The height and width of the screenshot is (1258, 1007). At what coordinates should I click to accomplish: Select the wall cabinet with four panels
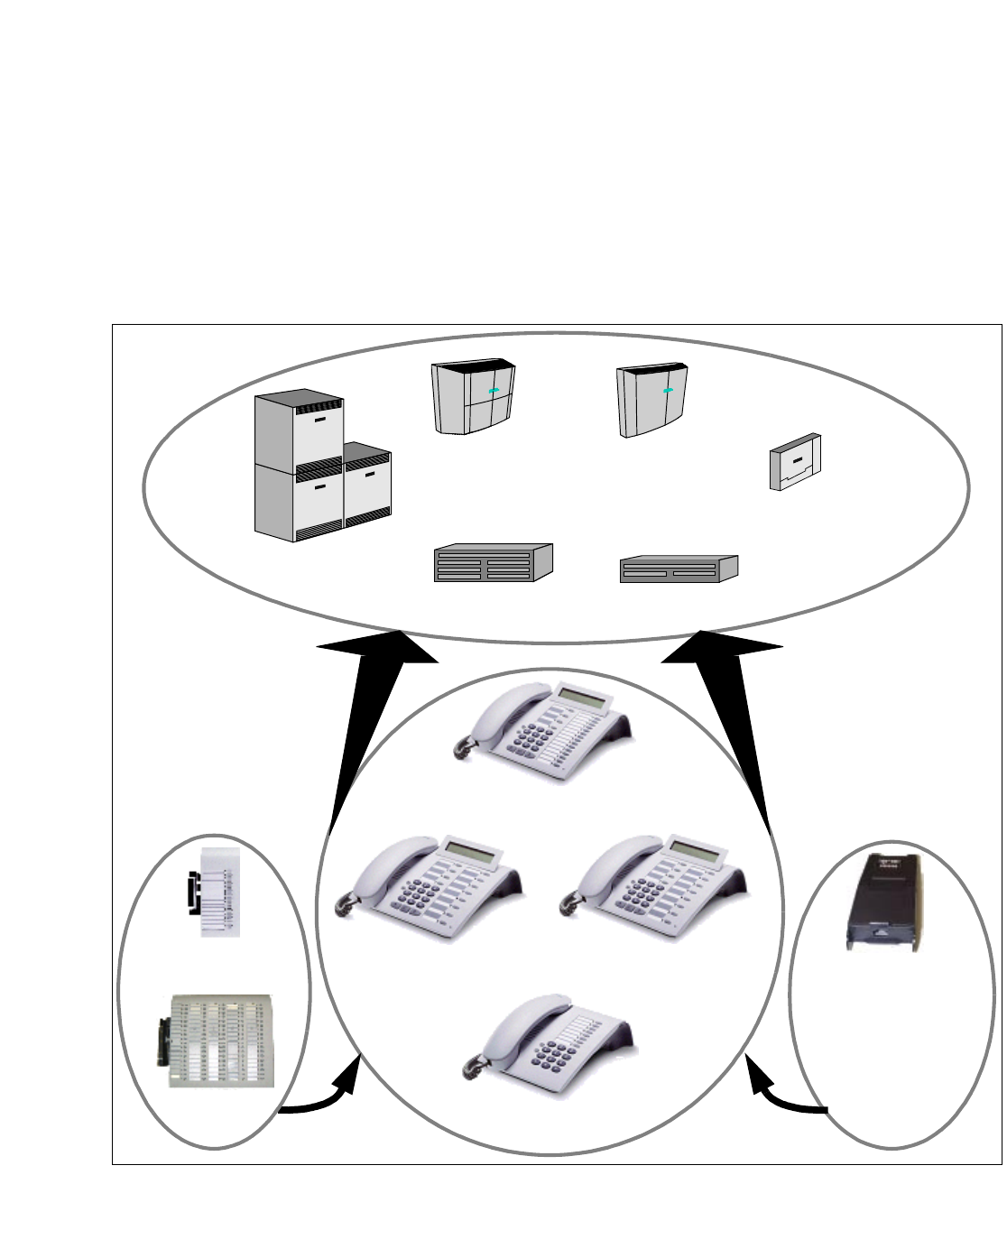click(474, 398)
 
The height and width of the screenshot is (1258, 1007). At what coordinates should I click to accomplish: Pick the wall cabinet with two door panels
click(652, 401)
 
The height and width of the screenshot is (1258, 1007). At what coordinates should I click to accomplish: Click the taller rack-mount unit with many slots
click(492, 563)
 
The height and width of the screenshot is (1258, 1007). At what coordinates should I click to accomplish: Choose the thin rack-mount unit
click(679, 569)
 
